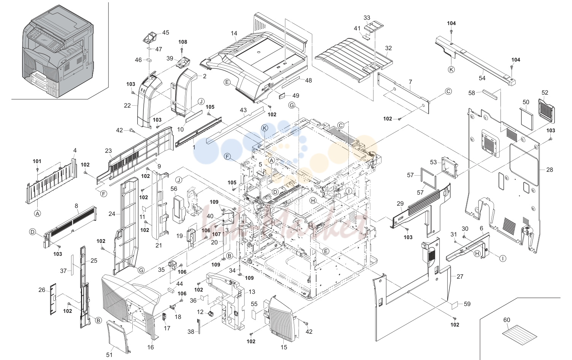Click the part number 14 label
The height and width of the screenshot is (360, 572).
tap(234, 33)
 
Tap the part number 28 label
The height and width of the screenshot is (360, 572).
tap(550, 170)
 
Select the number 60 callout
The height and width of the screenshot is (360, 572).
tap(507, 320)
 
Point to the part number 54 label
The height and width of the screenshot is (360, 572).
tap(482, 78)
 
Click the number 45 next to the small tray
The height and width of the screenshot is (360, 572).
tap(165, 33)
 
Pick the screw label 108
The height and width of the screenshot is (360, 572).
tap(183, 42)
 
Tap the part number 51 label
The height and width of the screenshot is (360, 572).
tap(109, 355)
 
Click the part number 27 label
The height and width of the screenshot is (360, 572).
tap(460, 276)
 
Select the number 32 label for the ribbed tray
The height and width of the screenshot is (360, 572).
tap(388, 48)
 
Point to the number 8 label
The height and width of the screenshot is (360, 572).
tap(76, 206)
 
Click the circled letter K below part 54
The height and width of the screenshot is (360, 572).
tap(451, 70)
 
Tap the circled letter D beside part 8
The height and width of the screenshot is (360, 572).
tap(32, 232)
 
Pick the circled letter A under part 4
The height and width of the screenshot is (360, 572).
tap(38, 213)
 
